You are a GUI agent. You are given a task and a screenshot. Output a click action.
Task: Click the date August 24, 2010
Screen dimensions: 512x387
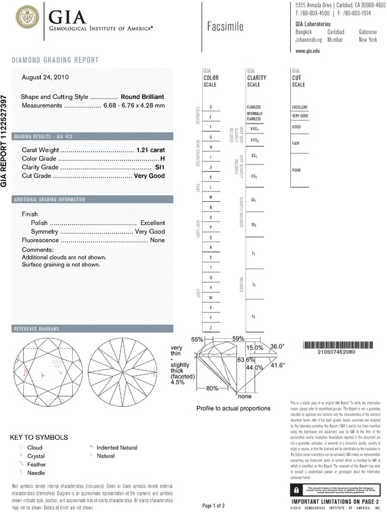[45, 78]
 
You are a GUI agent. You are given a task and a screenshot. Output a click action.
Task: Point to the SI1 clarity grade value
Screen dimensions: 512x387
[160, 167]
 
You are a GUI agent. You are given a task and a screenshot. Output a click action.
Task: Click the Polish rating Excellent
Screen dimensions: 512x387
[152, 223]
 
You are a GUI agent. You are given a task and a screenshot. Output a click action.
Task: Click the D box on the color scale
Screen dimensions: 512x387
[211, 107]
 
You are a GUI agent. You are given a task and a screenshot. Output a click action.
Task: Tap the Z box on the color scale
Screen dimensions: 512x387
[211, 328]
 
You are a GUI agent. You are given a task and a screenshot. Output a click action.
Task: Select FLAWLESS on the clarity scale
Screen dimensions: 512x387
[254, 107]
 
